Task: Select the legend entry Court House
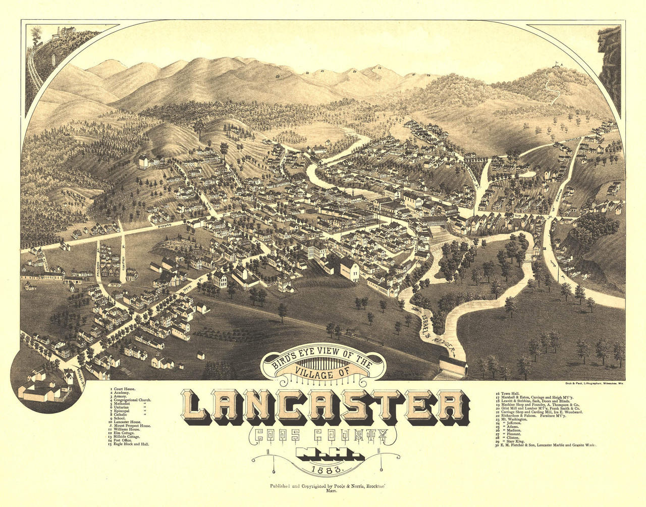[x=124, y=389]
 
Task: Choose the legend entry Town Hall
[x=511, y=392]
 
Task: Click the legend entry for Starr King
[x=514, y=441]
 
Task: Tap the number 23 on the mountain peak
[x=379, y=67]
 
